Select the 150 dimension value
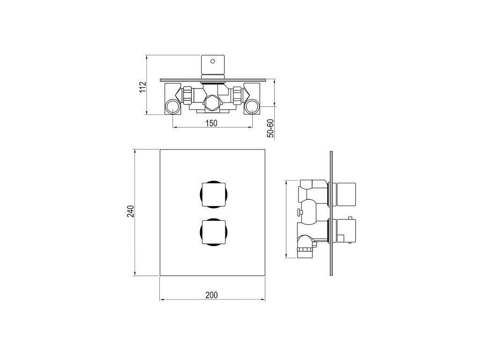pos(211,123)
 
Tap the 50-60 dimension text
pos(270,128)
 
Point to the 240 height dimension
pos(131,211)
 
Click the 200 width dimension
pos(211,295)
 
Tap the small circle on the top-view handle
pos(213,61)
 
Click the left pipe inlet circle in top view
pos(173,107)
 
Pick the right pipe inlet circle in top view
pos(252,107)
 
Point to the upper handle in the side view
pos(346,195)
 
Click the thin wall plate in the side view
pos(331,213)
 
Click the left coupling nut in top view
pos(187,95)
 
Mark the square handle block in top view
pos(213,65)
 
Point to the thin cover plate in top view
pos(212,80)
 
